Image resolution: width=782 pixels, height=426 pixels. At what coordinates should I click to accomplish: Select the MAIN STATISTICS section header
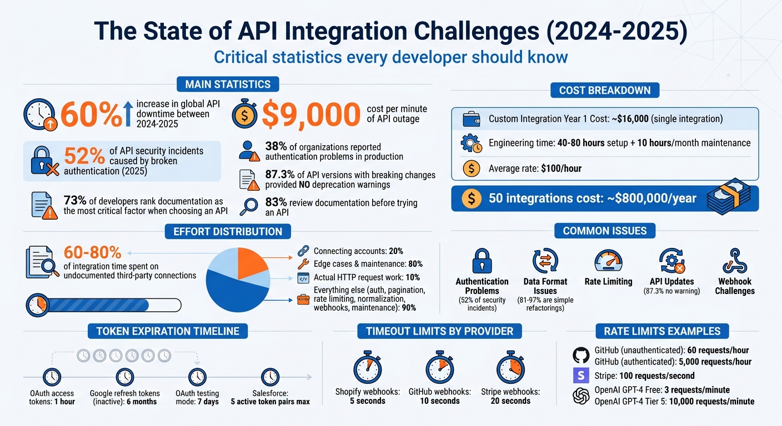(x=228, y=84)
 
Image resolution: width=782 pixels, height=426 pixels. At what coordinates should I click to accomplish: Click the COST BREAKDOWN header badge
(x=605, y=90)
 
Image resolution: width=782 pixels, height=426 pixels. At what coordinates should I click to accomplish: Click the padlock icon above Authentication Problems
(x=482, y=261)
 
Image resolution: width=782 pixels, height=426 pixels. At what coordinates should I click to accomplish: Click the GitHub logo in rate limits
(x=580, y=355)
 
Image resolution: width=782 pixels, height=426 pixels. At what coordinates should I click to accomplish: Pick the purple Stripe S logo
(x=580, y=376)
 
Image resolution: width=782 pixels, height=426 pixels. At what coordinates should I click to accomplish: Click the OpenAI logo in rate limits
(x=580, y=395)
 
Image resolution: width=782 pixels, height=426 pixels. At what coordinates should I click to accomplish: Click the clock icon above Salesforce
(x=270, y=377)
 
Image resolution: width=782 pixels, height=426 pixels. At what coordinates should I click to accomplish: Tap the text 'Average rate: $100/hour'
(x=534, y=168)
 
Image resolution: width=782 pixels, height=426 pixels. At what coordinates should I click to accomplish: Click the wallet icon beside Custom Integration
(x=471, y=119)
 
